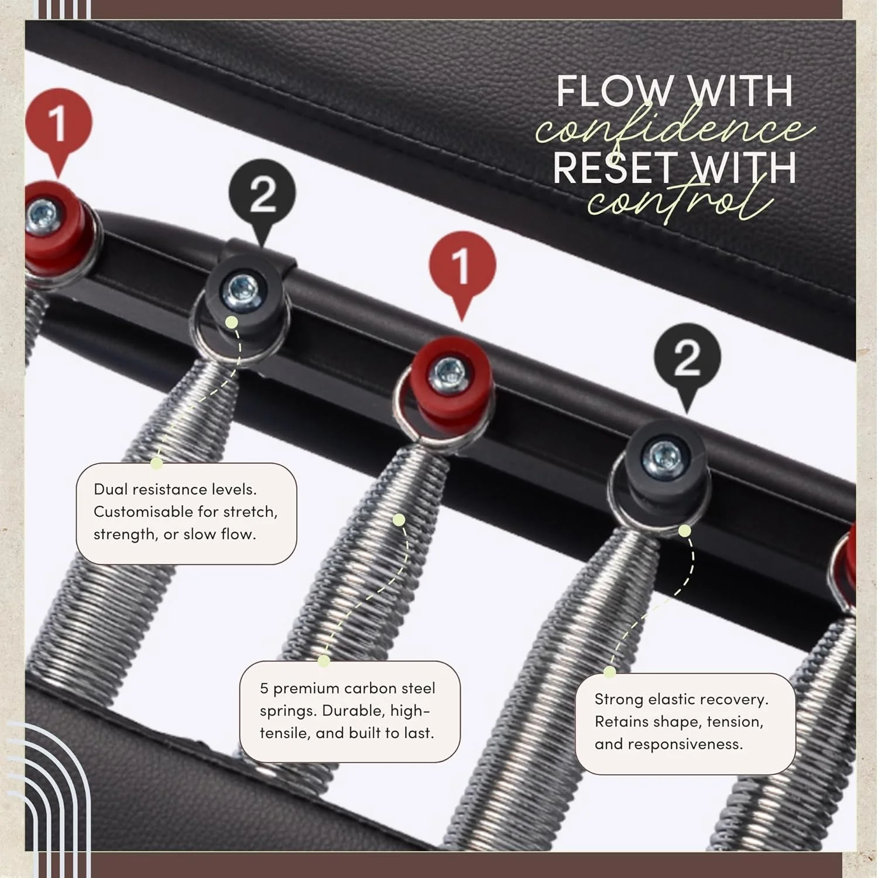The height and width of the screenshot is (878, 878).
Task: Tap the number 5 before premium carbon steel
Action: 264,688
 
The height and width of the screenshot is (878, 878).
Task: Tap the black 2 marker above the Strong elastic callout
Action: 687,358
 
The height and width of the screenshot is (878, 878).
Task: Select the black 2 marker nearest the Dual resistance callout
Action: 262,193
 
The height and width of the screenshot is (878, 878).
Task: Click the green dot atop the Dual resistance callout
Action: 156,464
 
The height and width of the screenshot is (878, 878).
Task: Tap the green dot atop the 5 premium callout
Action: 324,661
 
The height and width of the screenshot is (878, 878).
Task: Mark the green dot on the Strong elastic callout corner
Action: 610,673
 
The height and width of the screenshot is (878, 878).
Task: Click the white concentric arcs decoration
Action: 47,784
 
